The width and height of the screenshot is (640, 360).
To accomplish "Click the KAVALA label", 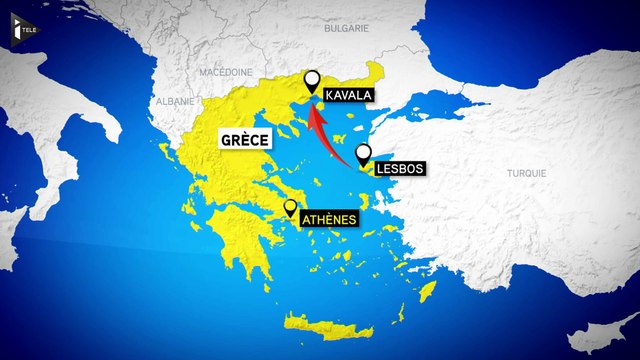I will tap(348, 96).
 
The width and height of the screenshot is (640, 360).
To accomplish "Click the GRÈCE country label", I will tap(245, 141).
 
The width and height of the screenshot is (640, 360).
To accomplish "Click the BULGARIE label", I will tap(347, 30).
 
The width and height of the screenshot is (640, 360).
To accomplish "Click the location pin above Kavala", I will tap(312, 80).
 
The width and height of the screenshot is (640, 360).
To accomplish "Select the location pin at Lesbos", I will tap(364, 153).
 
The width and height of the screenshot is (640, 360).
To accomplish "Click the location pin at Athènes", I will tap(290, 207).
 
